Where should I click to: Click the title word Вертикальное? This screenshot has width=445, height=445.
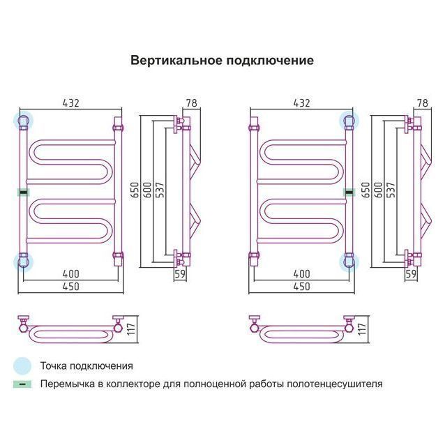coord(176,61)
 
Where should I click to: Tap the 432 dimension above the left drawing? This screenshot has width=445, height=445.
coord(70,103)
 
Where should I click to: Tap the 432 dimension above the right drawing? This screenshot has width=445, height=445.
coord(301,103)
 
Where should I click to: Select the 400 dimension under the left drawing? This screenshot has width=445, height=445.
coord(70,274)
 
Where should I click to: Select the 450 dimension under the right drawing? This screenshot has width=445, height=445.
coord(301,287)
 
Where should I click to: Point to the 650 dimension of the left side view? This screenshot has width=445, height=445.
coord(135,190)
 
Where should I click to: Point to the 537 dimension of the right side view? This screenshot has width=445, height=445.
coord(391,190)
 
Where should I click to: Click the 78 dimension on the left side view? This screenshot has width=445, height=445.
coord(192,103)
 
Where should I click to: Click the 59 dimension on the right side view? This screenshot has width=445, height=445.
coord(411,273)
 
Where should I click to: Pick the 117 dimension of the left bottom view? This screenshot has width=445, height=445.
coord(131,329)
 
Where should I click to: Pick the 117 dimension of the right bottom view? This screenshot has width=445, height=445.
coord(362,329)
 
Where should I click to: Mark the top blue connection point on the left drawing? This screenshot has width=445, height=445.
coord(23,121)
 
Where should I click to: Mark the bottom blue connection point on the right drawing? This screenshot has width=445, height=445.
coord(349,262)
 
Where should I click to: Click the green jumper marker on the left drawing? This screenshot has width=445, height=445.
coord(24,193)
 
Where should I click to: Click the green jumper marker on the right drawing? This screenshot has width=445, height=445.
coord(349,193)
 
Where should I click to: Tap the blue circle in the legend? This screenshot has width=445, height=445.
coord(22,366)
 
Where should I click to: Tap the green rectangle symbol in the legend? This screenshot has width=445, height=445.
coord(22,384)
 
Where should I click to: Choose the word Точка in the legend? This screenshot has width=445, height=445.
coord(54,365)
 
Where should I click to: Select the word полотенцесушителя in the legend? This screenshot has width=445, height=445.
coord(335,384)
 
